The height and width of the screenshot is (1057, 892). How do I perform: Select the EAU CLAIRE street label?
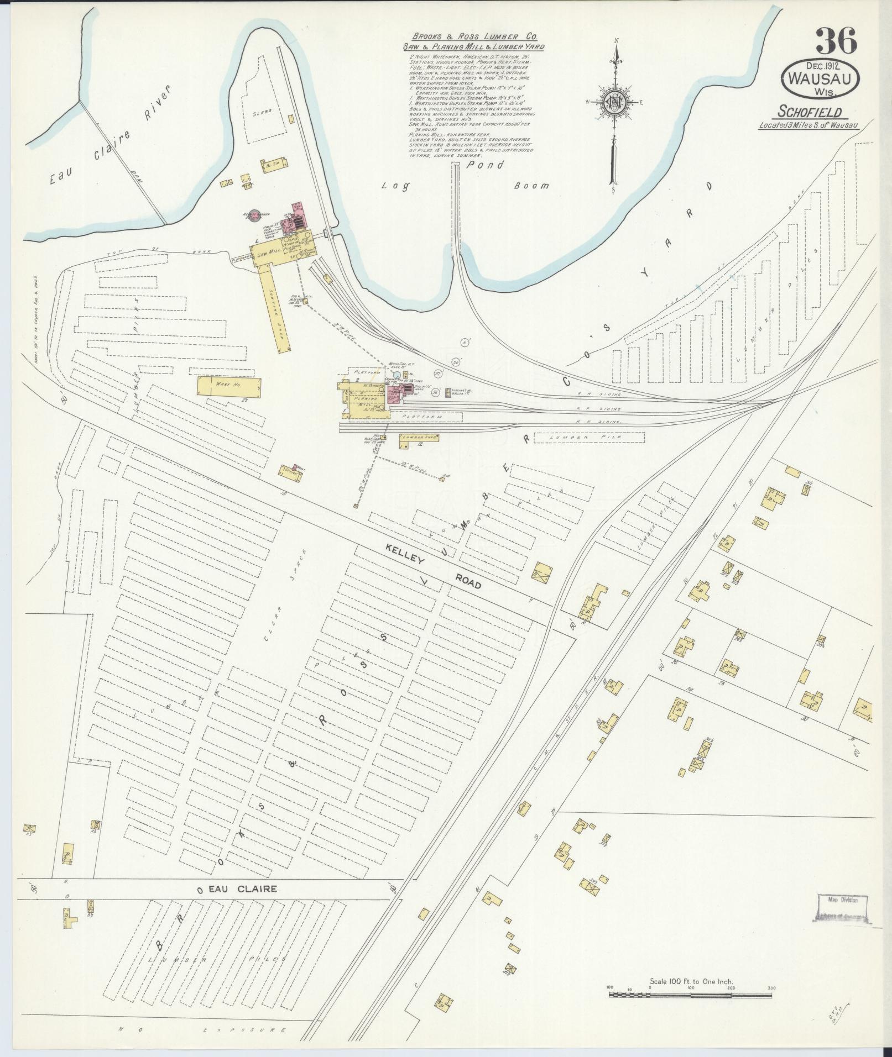236,890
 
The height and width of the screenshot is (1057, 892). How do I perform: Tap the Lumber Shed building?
419,437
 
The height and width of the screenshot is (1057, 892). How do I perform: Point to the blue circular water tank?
396,375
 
